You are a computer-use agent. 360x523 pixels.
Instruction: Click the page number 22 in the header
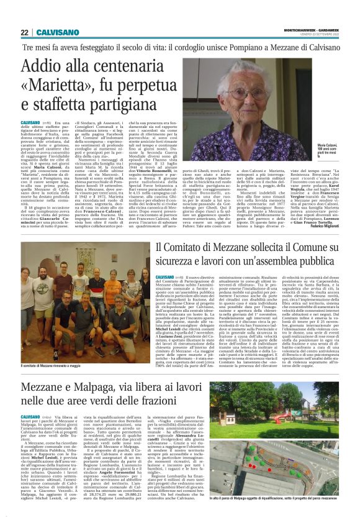[x=25, y=33]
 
